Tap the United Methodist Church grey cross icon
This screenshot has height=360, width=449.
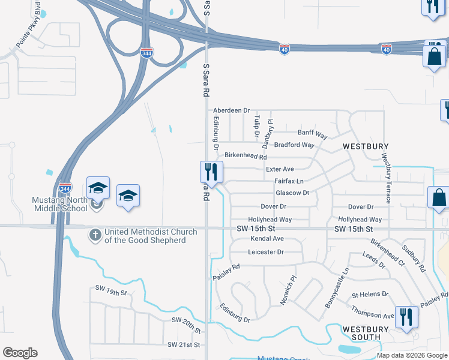[x=95, y=235]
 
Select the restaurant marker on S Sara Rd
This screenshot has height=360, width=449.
[x=211, y=172]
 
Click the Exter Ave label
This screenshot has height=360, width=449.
[x=280, y=169]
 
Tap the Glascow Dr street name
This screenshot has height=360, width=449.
[x=292, y=193]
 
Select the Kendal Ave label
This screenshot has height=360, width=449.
[x=266, y=239]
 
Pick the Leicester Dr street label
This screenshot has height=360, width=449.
[x=265, y=252]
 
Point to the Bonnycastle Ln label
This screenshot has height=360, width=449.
[x=336, y=289]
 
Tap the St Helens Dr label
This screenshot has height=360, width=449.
[x=370, y=295]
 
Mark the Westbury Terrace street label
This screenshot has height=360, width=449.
[x=386, y=178]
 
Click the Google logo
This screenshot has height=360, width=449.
[x=20, y=353]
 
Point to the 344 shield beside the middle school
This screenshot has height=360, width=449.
[x=65, y=188]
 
